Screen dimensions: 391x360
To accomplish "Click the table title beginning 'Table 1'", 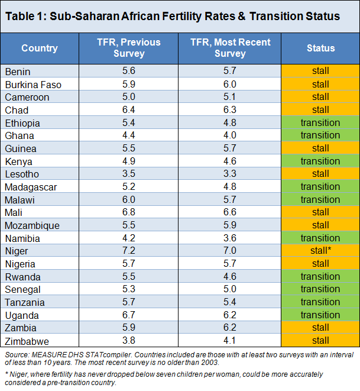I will click(173, 16).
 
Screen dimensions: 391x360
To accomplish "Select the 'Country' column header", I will click(40, 49).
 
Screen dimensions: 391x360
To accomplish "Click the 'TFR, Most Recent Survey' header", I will click(231, 48).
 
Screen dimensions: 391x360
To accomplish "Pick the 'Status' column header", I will click(320, 49).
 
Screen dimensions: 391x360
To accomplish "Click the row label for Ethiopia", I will click(22, 123).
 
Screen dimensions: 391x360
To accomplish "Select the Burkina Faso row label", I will click(33, 84).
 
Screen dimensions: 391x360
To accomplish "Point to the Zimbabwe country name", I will click(27, 340).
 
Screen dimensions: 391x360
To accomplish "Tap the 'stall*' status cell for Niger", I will click(320, 251).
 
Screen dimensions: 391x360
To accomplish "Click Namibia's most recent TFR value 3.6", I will click(231, 238).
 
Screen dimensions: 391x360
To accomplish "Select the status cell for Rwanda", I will click(320, 276).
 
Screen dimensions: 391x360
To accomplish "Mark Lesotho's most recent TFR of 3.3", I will click(231, 174).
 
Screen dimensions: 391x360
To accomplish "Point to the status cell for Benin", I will click(320, 71).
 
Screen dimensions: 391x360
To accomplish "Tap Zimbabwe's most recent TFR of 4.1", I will click(231, 340).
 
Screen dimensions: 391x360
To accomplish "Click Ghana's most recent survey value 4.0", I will click(231, 135).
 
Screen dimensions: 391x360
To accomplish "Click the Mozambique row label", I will click(31, 225).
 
